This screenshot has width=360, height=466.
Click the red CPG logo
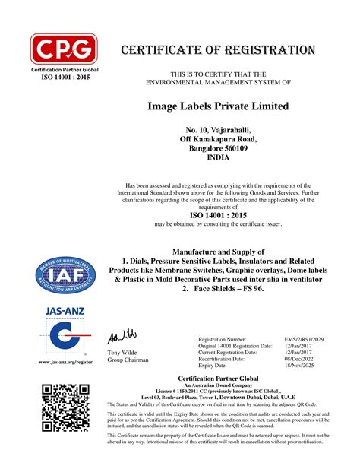click(x=64, y=49)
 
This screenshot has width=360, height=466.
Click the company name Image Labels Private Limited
click(x=217, y=106)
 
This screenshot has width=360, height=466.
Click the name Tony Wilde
click(x=120, y=353)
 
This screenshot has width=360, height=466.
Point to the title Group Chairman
click(x=125, y=360)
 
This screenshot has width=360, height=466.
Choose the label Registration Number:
click(x=222, y=339)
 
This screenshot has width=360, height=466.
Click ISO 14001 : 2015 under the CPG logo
click(x=64, y=77)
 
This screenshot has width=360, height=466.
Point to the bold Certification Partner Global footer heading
click(x=218, y=378)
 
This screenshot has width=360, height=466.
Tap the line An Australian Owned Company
click(x=218, y=385)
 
